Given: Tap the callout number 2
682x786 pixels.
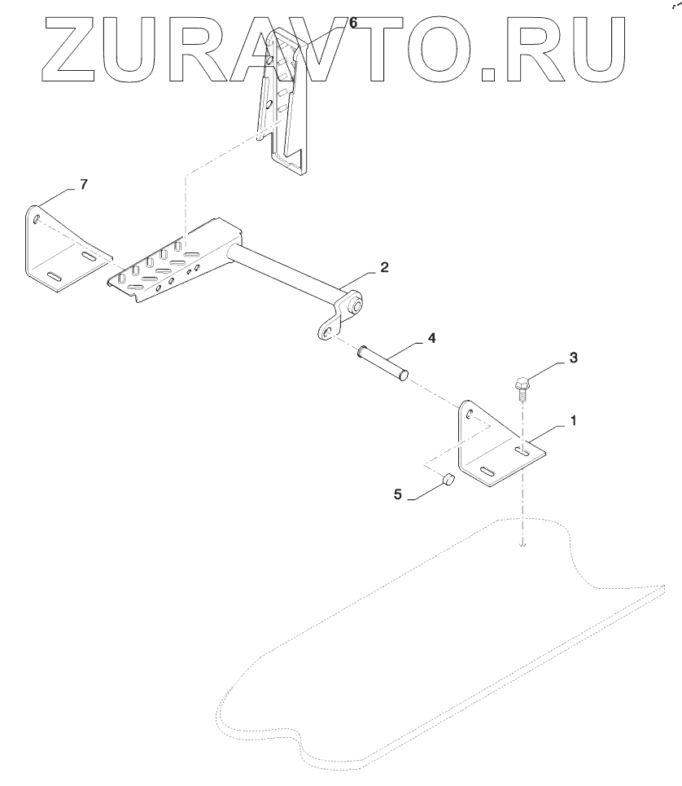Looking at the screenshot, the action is pyautogui.click(x=383, y=267).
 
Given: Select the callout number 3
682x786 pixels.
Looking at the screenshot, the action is pyautogui.click(x=573, y=357).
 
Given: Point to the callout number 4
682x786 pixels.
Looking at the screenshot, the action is pyautogui.click(x=431, y=336).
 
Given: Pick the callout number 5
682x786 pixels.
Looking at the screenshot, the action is pyautogui.click(x=398, y=493).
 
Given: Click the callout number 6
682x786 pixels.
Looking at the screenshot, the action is pyautogui.click(x=352, y=23).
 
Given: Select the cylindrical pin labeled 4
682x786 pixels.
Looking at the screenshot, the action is pyautogui.click(x=382, y=363).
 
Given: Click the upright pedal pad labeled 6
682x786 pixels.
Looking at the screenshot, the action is pyautogui.click(x=284, y=106).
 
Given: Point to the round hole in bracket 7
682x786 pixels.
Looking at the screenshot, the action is pyautogui.click(x=37, y=218).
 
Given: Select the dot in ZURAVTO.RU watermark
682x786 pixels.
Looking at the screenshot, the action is pyautogui.click(x=489, y=75).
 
